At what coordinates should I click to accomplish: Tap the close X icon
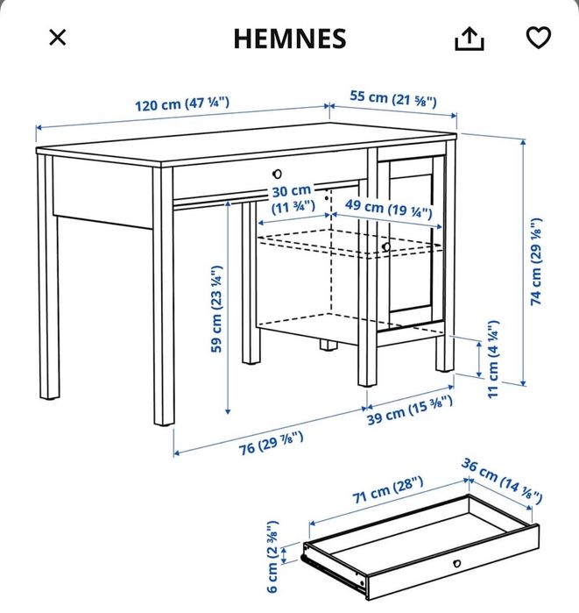pyautogui.click(x=57, y=38)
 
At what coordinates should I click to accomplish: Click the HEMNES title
pyautogui.click(x=290, y=39)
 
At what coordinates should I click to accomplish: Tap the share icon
pyautogui.click(x=470, y=38)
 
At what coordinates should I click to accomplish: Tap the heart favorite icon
pyautogui.click(x=538, y=38)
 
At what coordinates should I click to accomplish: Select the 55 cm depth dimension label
pyautogui.click(x=394, y=98)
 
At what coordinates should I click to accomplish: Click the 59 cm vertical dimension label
pyautogui.click(x=215, y=309)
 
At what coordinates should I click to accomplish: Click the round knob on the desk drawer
pyautogui.click(x=277, y=174)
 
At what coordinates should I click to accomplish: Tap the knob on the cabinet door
pyautogui.click(x=385, y=248)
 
